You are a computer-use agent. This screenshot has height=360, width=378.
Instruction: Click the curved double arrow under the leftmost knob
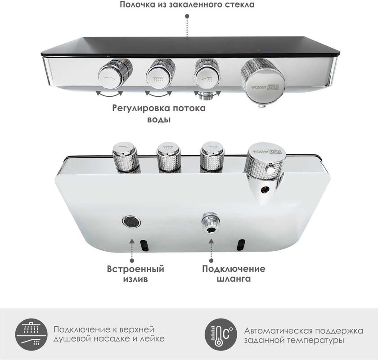[110, 93]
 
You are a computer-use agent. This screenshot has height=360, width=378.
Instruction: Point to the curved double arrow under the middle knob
[159, 93]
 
